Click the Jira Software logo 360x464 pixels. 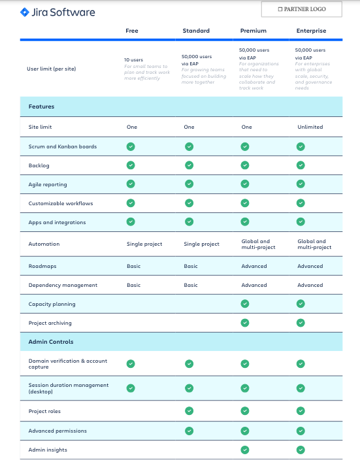tap(58, 12)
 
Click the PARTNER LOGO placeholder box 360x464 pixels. tap(301, 10)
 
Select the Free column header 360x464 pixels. tap(132, 31)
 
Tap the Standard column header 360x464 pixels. tap(196, 31)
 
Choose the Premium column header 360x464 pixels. tap(253, 31)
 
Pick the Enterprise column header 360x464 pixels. tap(310, 31)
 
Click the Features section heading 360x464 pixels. tap(41, 107)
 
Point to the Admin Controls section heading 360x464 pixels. tap(51, 342)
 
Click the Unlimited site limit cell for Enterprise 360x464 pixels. tap(310, 127)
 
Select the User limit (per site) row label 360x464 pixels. tap(51, 68)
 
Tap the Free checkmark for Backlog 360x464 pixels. tap(131, 165)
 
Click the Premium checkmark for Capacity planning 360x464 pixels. tap(245, 303)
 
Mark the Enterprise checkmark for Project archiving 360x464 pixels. tap(301, 322)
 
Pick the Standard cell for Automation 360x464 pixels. tap(201, 244)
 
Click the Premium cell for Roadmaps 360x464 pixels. tap(254, 266)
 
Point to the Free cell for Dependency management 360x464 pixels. tap(133, 285)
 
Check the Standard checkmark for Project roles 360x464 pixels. tap(189, 410)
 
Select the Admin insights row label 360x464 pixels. tap(48, 450)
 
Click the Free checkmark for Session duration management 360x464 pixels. tap(131, 388)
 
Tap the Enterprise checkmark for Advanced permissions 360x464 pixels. tap(301, 431)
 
